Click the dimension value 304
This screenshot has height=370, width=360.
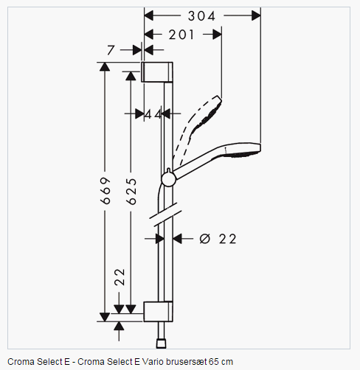[201, 16]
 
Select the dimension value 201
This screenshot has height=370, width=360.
[181, 35]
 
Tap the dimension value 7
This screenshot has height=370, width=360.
[111, 50]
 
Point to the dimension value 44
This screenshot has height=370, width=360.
[153, 114]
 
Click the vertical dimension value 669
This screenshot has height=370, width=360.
[105, 191]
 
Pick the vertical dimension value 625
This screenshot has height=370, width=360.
[131, 192]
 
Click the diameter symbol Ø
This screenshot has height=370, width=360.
[205, 239]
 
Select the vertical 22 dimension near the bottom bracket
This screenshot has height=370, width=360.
[120, 277]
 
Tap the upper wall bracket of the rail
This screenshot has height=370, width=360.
[157, 72]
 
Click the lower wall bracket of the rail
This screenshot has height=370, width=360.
[158, 311]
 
